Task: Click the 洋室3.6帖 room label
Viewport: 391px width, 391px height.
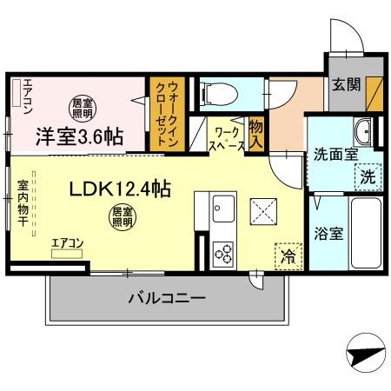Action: [79, 136]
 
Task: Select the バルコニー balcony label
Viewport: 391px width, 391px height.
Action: [167, 299]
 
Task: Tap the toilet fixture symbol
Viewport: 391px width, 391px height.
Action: [220, 93]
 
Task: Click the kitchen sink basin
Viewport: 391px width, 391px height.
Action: [224, 209]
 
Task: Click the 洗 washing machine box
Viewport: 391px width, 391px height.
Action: [368, 175]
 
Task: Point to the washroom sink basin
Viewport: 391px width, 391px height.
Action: [363, 133]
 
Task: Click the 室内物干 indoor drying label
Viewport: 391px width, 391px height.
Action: [23, 203]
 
